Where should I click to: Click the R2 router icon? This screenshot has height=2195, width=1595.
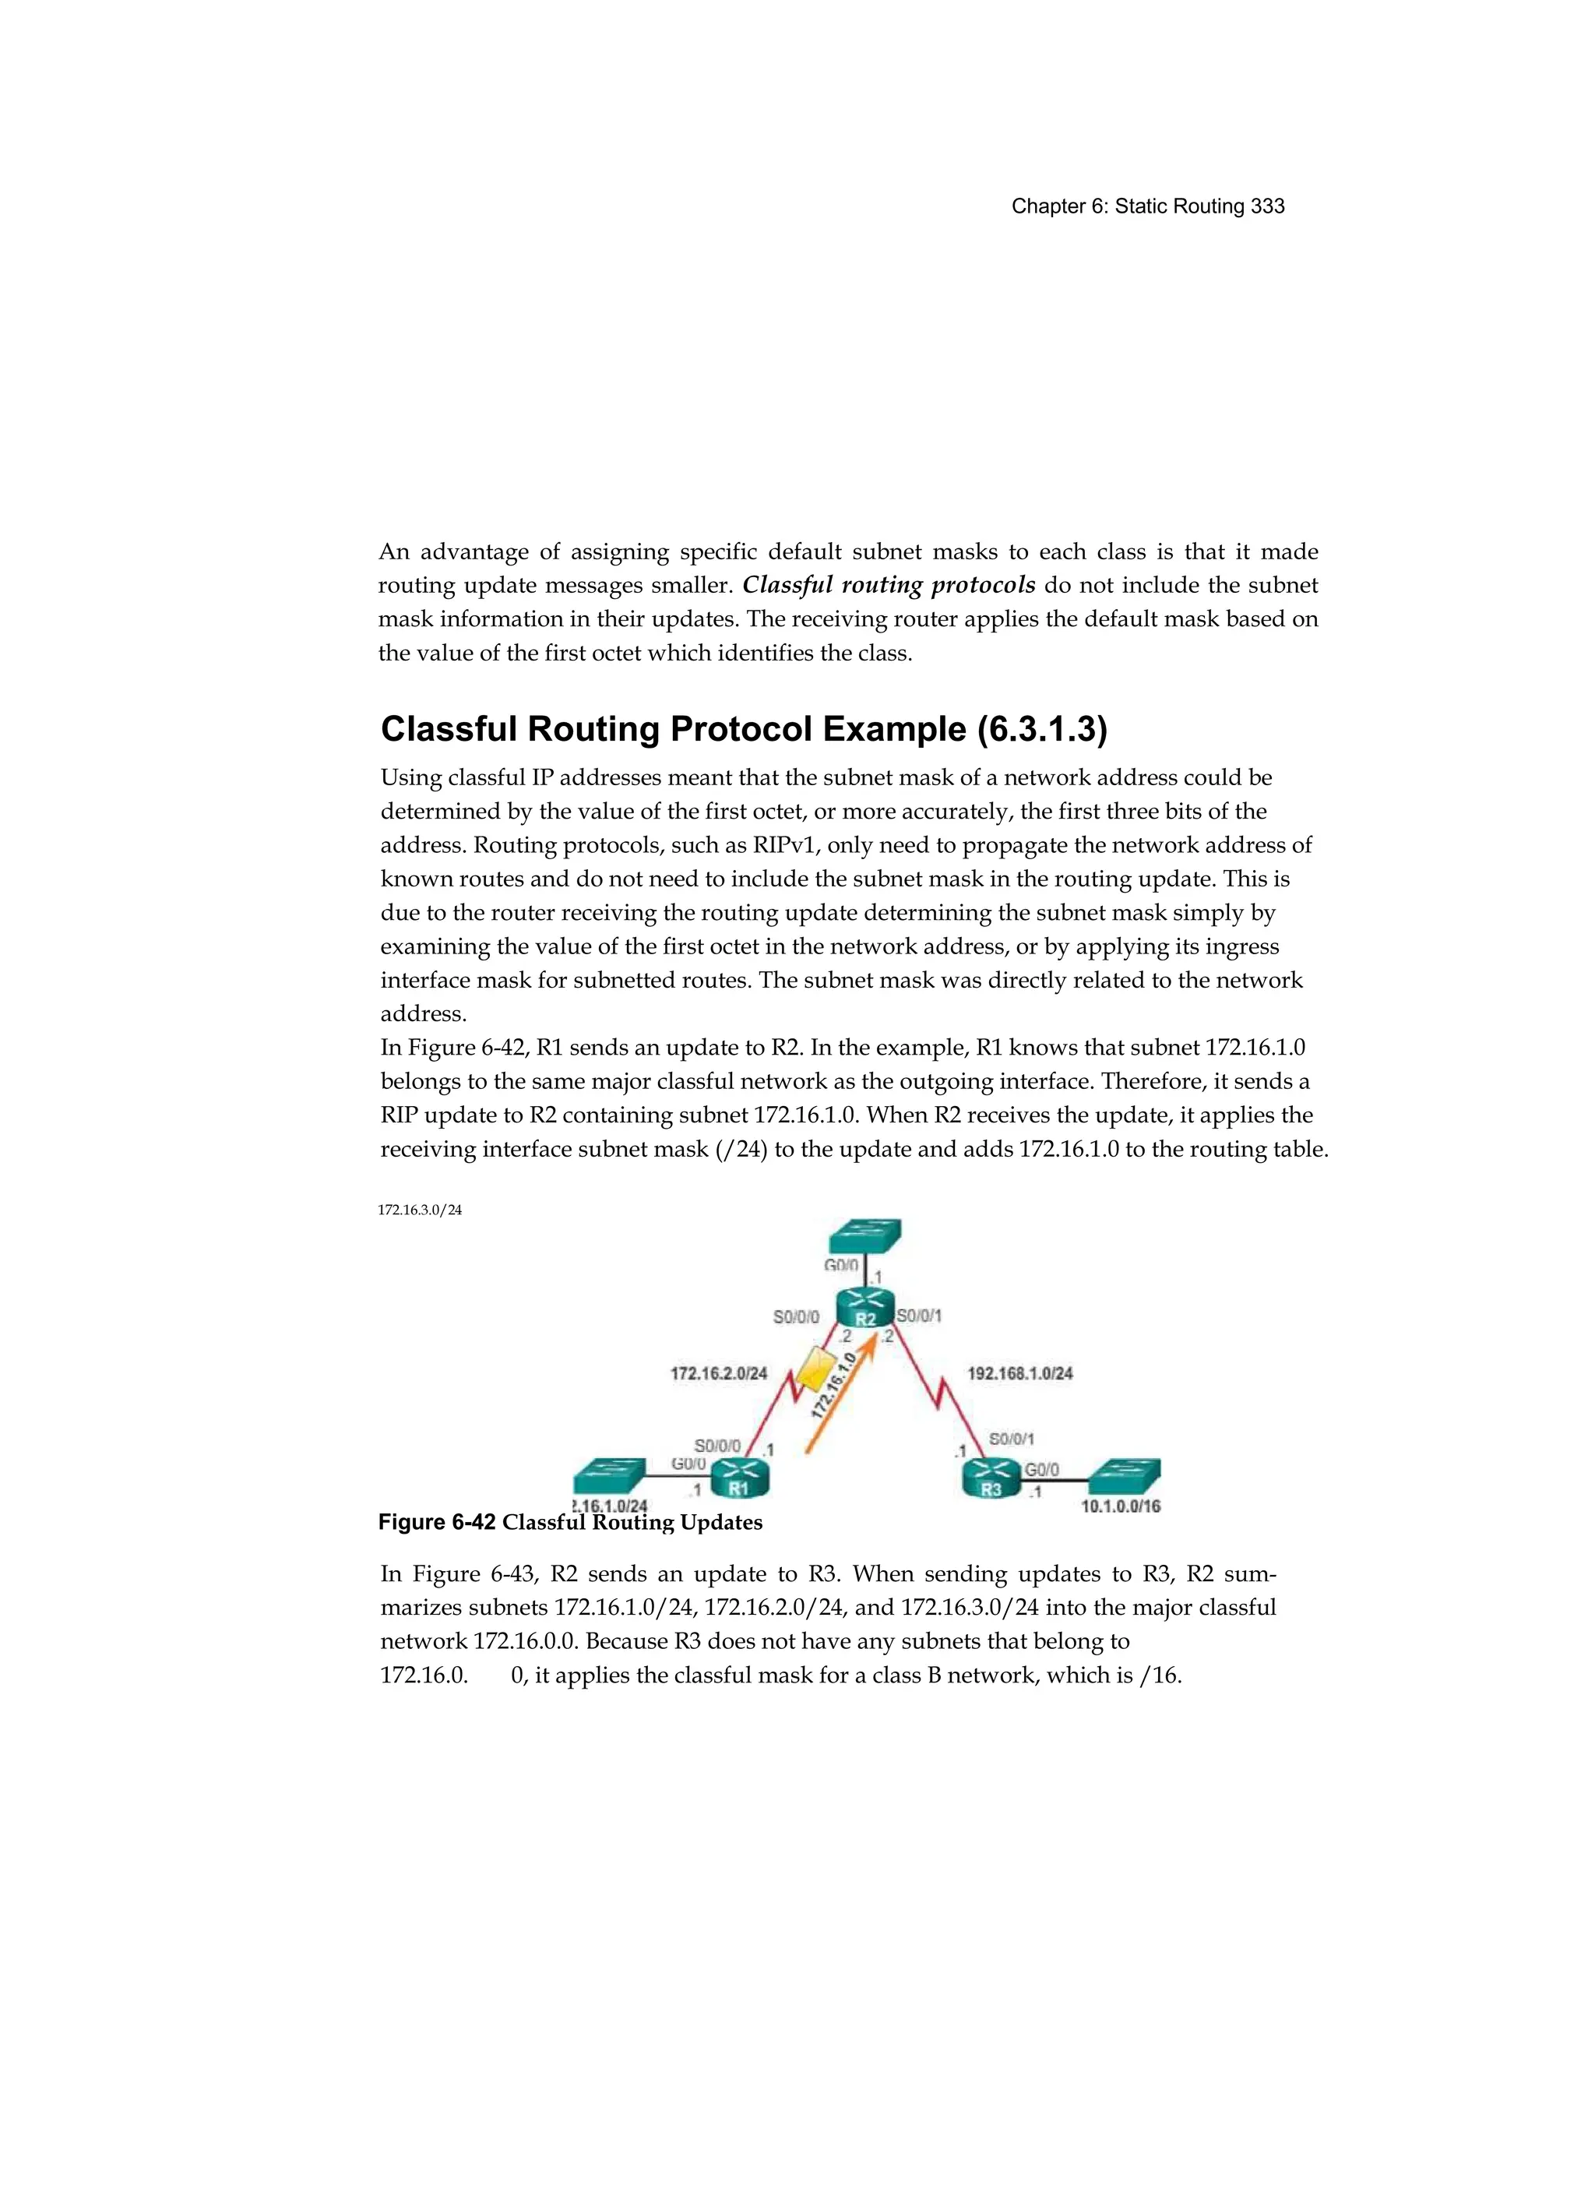865,1309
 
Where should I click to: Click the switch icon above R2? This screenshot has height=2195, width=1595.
865,1237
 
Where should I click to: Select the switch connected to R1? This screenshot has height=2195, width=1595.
609,1475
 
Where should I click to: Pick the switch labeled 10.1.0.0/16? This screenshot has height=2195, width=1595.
1124,1476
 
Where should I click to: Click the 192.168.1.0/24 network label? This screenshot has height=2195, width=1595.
1019,1372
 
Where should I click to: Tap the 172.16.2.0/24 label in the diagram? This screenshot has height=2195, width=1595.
718,1372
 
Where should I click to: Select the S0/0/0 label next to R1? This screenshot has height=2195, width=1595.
717,1445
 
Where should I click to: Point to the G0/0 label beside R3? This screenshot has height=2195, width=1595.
1041,1469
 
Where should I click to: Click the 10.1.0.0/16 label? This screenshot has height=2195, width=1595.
1120,1506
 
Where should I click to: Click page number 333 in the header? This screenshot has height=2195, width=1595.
1267,206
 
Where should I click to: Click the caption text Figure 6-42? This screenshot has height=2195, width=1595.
436,1522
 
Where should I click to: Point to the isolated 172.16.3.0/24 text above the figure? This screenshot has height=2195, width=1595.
419,1210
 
